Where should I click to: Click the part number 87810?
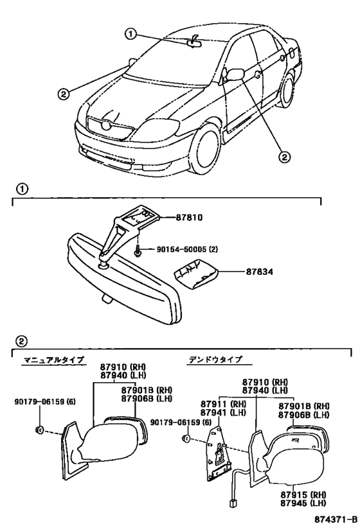[x=189, y=218]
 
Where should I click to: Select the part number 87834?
[x=259, y=271]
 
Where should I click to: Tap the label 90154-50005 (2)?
[x=187, y=249]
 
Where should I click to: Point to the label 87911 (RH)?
[x=223, y=404]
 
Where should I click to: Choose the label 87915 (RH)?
[x=303, y=495]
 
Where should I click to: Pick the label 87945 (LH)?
[x=303, y=503]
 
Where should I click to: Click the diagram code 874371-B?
[x=336, y=520]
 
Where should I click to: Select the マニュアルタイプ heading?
[x=53, y=360]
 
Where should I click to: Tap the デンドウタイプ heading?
[x=215, y=359]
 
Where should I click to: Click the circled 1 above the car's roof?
[x=130, y=34]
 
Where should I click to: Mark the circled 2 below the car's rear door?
[x=284, y=156]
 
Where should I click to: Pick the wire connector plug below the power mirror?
[x=232, y=504]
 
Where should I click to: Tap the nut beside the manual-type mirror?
[x=39, y=430]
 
